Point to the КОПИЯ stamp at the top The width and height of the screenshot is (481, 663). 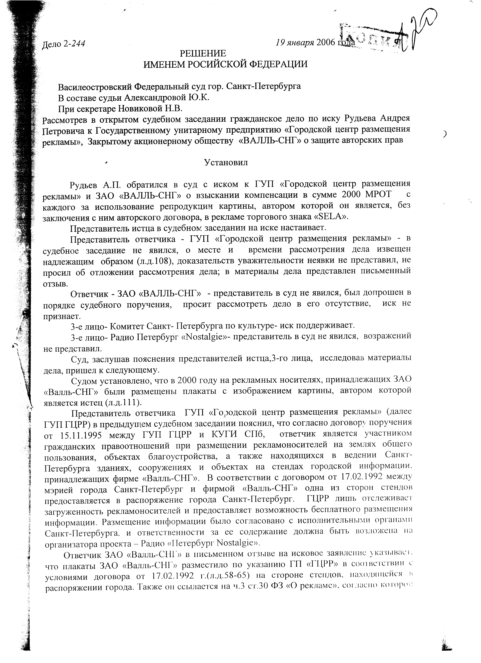[374, 38]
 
